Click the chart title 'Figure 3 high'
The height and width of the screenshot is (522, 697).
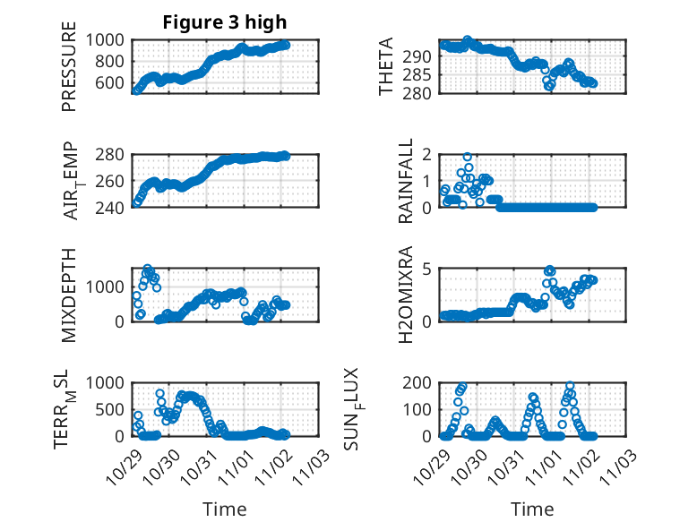click(x=225, y=22)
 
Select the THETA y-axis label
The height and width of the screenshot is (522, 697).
click(x=386, y=67)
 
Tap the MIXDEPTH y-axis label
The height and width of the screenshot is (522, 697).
click(x=70, y=295)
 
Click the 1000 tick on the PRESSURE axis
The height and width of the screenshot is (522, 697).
click(x=111, y=39)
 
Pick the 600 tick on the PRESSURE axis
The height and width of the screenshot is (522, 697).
click(x=116, y=83)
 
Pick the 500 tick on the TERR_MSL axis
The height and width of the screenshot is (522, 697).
click(x=116, y=409)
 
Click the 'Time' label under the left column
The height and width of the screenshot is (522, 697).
click(x=225, y=509)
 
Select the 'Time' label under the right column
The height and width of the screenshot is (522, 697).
click(x=533, y=509)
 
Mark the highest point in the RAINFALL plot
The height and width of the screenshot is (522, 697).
click(x=468, y=157)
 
